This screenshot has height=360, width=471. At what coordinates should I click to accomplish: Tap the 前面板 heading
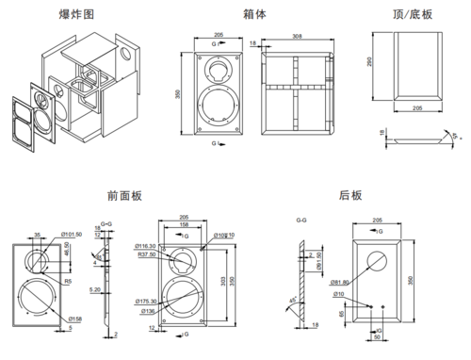pyautogui.click(x=125, y=195)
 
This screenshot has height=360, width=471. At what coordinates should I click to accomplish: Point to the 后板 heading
pyautogui.click(x=350, y=195)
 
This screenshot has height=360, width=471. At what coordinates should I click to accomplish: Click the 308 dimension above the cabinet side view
pyautogui.click(x=297, y=37)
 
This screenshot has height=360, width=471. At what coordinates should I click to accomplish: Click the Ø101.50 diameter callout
pyautogui.click(x=71, y=233)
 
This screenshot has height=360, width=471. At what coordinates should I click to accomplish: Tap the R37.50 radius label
pyautogui.click(x=147, y=254)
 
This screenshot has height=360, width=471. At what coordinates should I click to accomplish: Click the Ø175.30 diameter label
pyautogui.click(x=148, y=300)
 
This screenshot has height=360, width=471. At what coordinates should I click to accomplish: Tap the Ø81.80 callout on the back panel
pyautogui.click(x=335, y=282)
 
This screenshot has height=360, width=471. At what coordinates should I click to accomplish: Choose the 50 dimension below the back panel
pyautogui.click(x=377, y=337)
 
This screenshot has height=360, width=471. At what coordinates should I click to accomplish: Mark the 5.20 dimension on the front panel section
pyautogui.click(x=95, y=289)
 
